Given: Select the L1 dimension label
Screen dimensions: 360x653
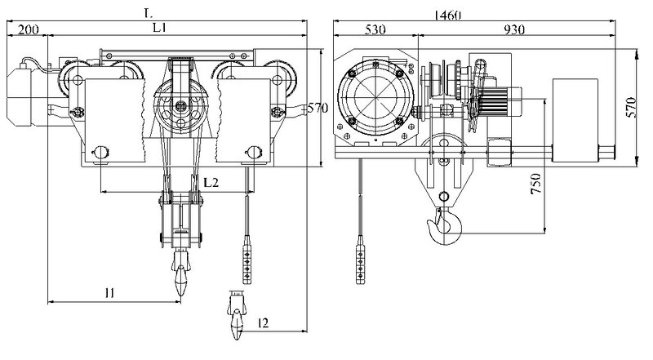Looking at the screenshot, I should [x=160, y=28].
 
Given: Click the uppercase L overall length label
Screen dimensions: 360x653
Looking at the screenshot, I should [x=148, y=12].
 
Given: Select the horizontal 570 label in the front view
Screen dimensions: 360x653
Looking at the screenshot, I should [x=319, y=108].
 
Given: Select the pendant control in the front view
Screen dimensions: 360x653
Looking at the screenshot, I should [x=247, y=259].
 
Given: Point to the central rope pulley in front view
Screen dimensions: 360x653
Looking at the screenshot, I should [x=180, y=106].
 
